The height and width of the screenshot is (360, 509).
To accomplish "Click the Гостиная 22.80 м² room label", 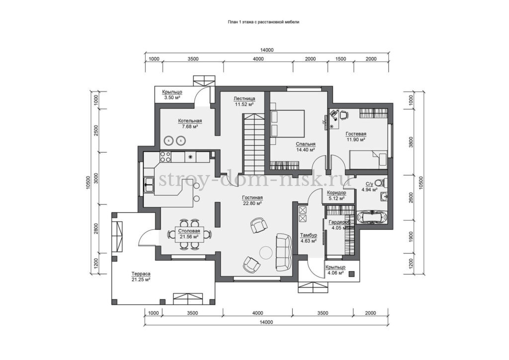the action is [252, 200].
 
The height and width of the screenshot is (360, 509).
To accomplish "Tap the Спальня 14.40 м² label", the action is [305, 147].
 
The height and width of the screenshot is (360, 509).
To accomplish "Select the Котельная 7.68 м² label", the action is [189, 124].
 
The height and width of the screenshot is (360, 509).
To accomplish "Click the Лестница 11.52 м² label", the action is [244, 101].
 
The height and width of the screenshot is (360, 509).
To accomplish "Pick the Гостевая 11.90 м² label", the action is [356, 136].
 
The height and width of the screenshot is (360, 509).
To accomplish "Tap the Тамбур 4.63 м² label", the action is [308, 238].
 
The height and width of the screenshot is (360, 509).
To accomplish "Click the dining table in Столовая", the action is [189, 234].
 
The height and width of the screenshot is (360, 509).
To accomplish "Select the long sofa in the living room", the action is [284, 252].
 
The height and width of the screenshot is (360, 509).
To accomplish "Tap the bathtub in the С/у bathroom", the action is [372, 217].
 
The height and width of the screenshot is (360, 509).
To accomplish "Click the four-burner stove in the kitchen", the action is [165, 157].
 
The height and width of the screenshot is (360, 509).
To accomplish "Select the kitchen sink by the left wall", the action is [149, 185].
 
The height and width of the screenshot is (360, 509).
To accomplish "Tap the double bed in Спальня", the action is [287, 123].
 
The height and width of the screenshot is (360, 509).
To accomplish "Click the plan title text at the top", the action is [263, 22].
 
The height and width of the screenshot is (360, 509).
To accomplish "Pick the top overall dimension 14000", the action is [267, 50].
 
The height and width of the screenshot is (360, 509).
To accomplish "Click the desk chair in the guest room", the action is [344, 114].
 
